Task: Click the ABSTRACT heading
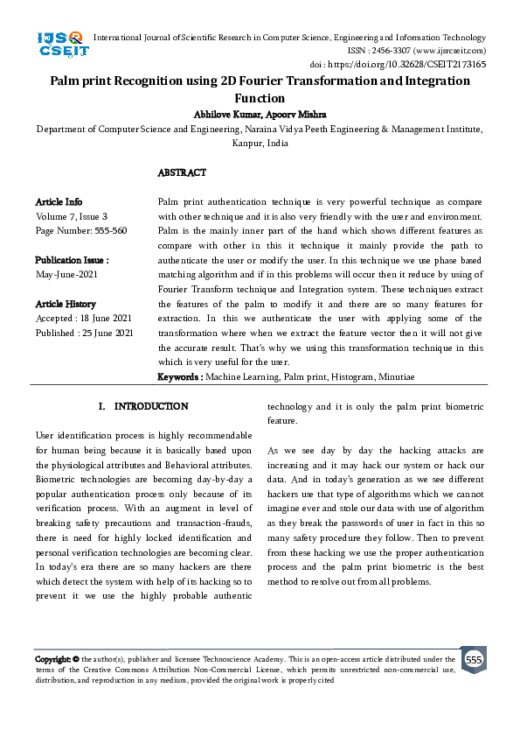(182, 173)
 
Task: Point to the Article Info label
(59, 202)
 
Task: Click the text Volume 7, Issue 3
(72, 216)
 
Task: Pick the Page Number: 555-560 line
(81, 230)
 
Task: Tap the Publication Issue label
(72, 260)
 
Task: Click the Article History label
(66, 304)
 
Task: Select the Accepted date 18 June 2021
(84, 318)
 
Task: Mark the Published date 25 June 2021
(84, 333)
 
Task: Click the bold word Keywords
(179, 376)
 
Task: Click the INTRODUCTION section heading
(150, 406)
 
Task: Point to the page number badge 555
(474, 659)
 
